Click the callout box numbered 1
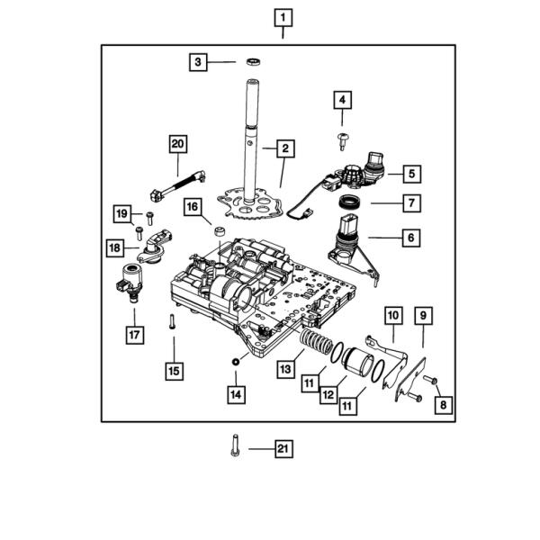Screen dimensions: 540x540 (283, 18)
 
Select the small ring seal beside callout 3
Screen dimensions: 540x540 (253, 62)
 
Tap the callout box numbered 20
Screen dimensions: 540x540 (178, 144)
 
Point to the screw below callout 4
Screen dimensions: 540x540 (342, 141)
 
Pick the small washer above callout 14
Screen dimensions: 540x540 (236, 362)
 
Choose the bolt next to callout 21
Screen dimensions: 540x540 (235, 445)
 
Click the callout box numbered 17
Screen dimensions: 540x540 (135, 335)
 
